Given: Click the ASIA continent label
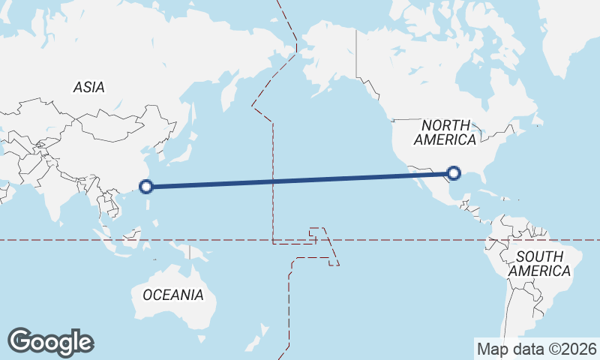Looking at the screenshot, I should click(x=88, y=87).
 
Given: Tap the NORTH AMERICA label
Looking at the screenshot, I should click(x=445, y=132).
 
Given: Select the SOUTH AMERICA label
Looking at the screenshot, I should click(x=539, y=264).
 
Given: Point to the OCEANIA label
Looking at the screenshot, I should click(x=172, y=295).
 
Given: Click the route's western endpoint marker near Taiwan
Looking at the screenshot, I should click(x=147, y=186).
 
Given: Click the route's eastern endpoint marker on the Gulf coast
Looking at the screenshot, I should click(x=453, y=174).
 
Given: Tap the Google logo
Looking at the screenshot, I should click(x=50, y=342).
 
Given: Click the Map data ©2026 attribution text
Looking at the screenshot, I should click(x=536, y=349).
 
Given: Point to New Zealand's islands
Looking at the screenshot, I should click(x=262, y=331).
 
